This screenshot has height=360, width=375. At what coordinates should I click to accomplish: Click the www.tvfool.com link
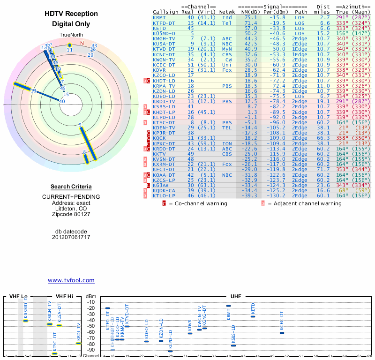(x=71, y=280)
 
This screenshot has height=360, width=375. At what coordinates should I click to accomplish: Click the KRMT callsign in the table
(x=159, y=17)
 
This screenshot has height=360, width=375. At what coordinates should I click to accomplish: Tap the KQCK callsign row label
(x=159, y=138)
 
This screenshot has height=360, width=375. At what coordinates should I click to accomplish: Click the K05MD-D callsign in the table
(x=164, y=33)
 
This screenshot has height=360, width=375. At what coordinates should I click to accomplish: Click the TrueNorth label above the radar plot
(x=70, y=36)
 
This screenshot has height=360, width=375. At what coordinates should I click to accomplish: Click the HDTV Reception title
(x=71, y=14)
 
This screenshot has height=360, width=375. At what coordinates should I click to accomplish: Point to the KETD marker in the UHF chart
(x=253, y=316)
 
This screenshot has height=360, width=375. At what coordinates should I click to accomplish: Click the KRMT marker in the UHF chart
(x=228, y=306)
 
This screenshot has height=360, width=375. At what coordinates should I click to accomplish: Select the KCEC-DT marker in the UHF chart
(x=282, y=333)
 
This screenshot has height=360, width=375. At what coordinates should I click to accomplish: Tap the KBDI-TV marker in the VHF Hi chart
(x=78, y=343)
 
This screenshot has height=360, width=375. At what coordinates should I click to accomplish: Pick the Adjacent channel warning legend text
(x=304, y=203)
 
